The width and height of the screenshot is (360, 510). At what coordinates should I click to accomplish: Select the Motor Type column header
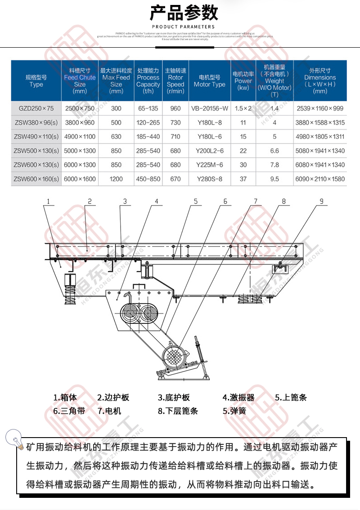[x=209, y=81]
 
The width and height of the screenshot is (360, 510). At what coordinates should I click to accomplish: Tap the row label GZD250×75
[x=36, y=108]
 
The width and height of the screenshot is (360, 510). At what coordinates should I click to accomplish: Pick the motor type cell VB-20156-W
[x=209, y=108]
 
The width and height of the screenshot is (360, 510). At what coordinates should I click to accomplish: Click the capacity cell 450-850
[x=148, y=179]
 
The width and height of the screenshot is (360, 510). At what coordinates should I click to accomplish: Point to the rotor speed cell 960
[x=175, y=108]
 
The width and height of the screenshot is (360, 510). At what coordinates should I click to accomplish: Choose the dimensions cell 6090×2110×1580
[x=320, y=179]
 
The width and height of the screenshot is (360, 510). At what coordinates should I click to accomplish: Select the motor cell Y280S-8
[x=209, y=179]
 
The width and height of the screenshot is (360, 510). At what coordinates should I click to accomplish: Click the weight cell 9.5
[x=274, y=179]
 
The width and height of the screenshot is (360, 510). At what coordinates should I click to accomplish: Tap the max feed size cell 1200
[x=116, y=179]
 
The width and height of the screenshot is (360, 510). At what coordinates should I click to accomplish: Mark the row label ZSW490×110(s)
[x=36, y=137]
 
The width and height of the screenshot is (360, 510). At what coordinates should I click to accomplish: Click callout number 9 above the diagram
[x=321, y=201]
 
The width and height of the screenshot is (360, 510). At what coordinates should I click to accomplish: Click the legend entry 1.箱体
[x=65, y=398]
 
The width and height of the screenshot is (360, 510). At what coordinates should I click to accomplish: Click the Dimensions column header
[x=320, y=81]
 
